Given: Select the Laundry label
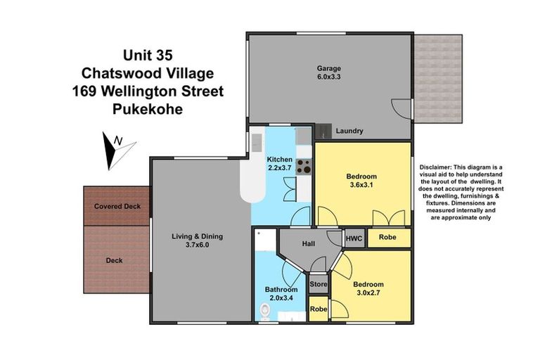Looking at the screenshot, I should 349,131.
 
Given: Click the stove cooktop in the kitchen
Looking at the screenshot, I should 304,167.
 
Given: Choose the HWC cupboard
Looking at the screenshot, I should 354,238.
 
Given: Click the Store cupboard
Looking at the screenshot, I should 319,285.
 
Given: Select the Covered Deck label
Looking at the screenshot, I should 117,206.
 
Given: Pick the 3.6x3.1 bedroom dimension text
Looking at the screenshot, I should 362,185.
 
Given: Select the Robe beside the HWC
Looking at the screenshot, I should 387,238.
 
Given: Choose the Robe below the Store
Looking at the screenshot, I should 319,309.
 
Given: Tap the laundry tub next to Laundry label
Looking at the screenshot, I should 323,130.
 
